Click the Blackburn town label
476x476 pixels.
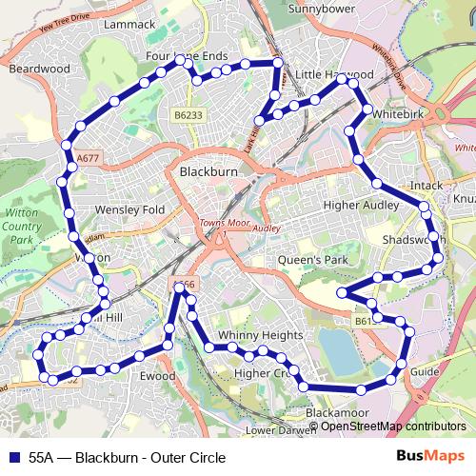208,172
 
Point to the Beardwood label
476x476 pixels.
39,69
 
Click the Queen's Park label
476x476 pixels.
308,259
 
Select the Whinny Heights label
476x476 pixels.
260,336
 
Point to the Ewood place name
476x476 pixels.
158,377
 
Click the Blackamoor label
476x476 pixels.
337,413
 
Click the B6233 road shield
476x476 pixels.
188,114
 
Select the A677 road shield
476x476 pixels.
87,155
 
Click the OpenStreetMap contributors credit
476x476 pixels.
392,426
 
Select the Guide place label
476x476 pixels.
425,371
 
